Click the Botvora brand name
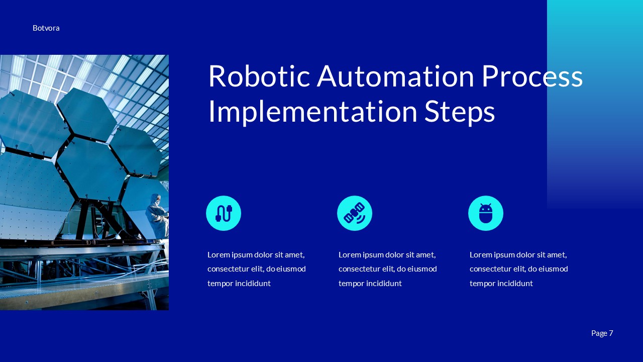tap(46, 28)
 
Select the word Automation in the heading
tap(395, 76)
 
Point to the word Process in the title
tap(532, 76)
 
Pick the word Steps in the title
tap(460, 112)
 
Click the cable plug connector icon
tap(224, 213)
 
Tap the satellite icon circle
tap(355, 213)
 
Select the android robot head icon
tap(486, 213)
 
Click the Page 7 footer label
tap(602, 333)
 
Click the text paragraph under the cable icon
tap(256, 269)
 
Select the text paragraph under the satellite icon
tap(387, 269)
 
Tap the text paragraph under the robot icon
tap(518, 269)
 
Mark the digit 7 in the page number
tap(611, 333)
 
